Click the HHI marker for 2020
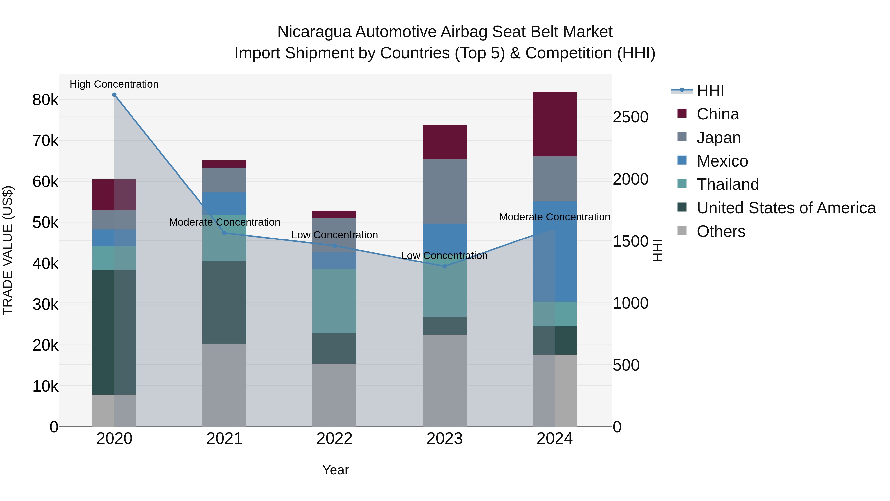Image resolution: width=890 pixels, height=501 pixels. pyautogui.click(x=114, y=95)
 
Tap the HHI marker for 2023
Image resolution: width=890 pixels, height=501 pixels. pyautogui.click(x=445, y=266)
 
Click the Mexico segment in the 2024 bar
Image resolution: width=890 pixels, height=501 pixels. pyautogui.click(x=555, y=251)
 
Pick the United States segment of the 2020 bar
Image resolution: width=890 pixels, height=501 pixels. pyautogui.click(x=114, y=332)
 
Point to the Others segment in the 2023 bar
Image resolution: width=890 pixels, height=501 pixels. pyautogui.click(x=445, y=380)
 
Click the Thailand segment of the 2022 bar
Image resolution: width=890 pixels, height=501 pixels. pyautogui.click(x=334, y=301)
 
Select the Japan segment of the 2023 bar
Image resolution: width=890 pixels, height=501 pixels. pyautogui.click(x=445, y=191)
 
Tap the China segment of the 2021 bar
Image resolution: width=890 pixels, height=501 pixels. pyautogui.click(x=224, y=164)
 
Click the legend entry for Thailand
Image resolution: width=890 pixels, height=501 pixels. pyautogui.click(x=727, y=184)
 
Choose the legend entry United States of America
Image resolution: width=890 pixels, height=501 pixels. pyautogui.click(x=786, y=208)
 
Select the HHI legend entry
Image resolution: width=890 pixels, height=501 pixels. pyautogui.click(x=710, y=91)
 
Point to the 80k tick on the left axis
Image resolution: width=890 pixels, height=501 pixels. pyautogui.click(x=45, y=100)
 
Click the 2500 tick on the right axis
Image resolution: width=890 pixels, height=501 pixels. pyautogui.click(x=630, y=117)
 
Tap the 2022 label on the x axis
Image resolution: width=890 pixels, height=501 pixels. pyautogui.click(x=334, y=439)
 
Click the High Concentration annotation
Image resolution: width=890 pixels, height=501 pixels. pyautogui.click(x=114, y=84)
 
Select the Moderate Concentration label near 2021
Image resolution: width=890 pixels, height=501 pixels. pyautogui.click(x=224, y=222)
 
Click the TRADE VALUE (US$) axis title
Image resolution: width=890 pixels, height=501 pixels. pyautogui.click(x=8, y=250)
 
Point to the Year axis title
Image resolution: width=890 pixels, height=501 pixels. pyautogui.click(x=335, y=470)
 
